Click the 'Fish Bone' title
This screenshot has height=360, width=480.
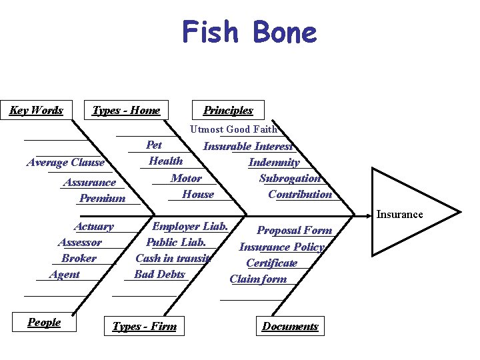[x=249, y=33]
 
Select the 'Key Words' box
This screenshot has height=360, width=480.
[x=37, y=110]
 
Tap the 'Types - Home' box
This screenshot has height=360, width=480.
[x=126, y=110]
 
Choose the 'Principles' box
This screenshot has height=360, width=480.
[x=228, y=110]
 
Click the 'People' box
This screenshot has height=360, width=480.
[x=44, y=322]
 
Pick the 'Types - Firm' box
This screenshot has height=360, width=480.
[x=145, y=326]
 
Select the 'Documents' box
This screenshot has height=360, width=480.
[x=290, y=326]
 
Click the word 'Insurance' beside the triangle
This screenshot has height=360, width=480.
[x=399, y=214]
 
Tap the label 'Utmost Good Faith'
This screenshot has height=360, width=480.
[x=233, y=129]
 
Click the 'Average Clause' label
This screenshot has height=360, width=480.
[x=66, y=162]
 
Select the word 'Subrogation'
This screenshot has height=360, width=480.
[x=290, y=178]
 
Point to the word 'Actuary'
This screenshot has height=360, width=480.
[x=93, y=226]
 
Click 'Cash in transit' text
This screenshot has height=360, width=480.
[x=173, y=258]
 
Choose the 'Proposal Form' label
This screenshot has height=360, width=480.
[x=294, y=230]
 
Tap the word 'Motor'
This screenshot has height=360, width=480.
[x=186, y=178]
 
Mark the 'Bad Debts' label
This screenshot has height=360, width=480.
[x=159, y=274]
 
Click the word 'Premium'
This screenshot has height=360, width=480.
[x=102, y=198]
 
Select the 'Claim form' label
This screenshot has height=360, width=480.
[x=258, y=279]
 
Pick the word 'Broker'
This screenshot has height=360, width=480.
[x=79, y=258]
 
